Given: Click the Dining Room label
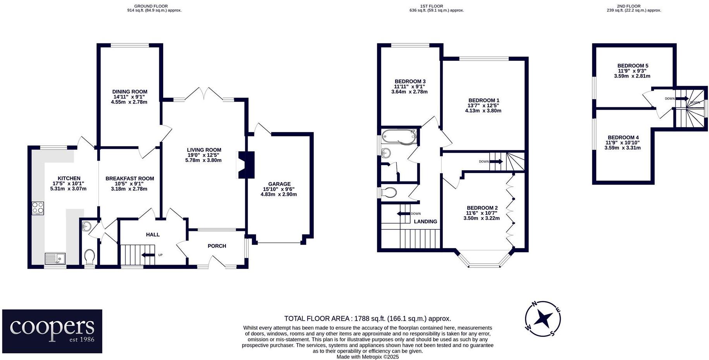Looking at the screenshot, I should pos(129,92).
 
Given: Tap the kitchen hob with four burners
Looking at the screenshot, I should pos(38,208).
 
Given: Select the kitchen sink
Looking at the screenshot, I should pos(55,258).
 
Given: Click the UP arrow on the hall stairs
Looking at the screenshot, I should pos(148,255).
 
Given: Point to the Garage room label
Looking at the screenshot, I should pos(279,184).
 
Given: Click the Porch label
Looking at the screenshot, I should pos(217,246).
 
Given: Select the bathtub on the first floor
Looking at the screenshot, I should pos(399,137).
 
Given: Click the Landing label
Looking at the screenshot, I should pos(425,222).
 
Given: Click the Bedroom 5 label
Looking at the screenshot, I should pos(632,66).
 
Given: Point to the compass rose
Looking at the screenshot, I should pos(543,319).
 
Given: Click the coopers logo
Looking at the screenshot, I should pos(52,331).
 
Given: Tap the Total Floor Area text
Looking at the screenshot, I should pos(367,319).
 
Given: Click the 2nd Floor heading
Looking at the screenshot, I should pos(633,6).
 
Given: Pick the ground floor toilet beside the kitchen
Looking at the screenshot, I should pos(89,256).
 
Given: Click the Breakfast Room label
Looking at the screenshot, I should pos(129,179).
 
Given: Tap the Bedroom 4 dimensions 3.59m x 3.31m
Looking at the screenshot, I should pos(622,148).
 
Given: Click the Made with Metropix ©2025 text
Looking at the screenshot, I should pos(367,357).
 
